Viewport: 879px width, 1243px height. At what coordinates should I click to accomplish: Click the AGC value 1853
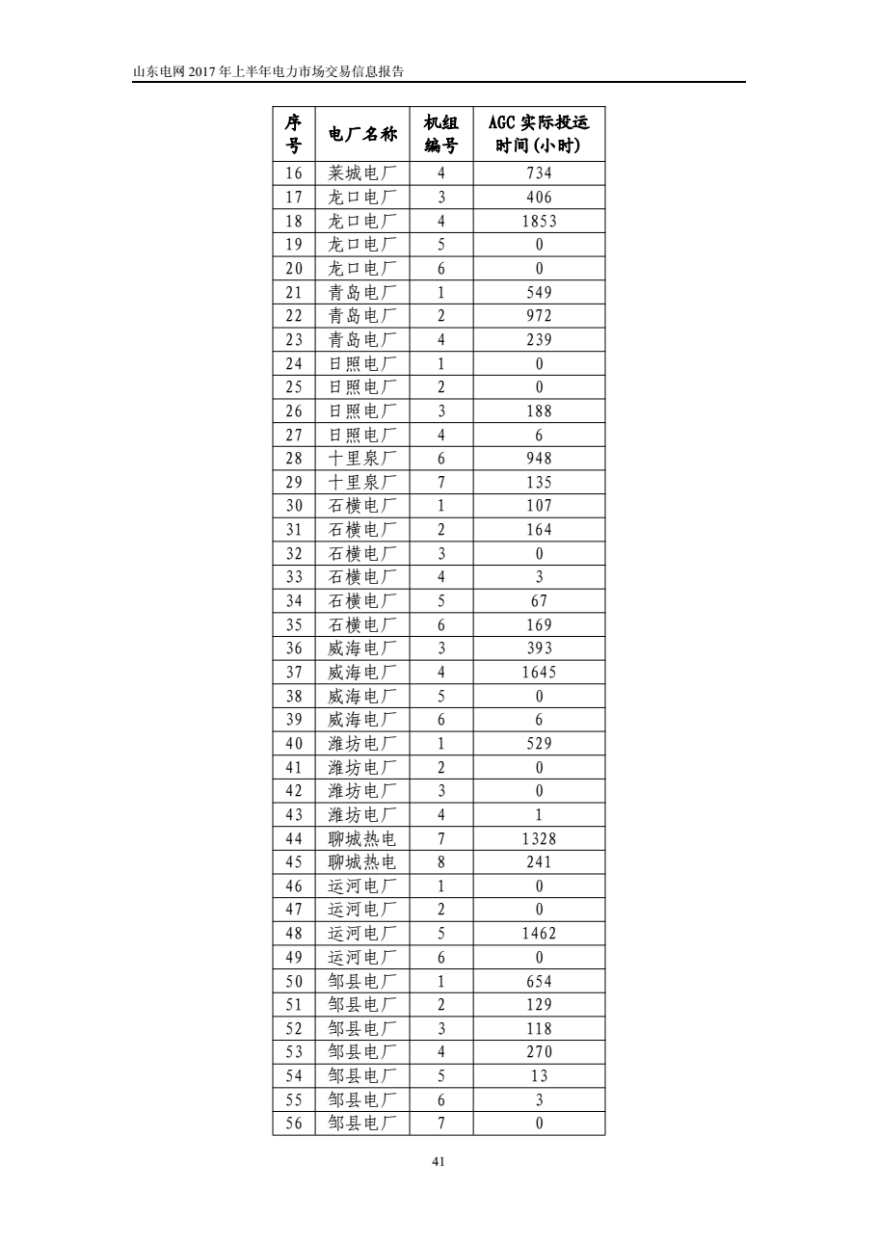click(x=539, y=221)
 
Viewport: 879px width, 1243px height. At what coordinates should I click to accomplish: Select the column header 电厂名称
click(x=362, y=134)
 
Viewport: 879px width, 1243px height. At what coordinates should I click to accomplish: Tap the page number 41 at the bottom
click(x=439, y=1163)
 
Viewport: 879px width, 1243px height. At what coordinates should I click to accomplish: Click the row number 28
click(x=294, y=458)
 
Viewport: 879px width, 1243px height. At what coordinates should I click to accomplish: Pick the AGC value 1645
click(x=539, y=672)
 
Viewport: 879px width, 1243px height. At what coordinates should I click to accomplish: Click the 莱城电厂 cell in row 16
click(x=362, y=173)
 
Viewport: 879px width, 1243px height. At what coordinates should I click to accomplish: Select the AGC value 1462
click(x=539, y=933)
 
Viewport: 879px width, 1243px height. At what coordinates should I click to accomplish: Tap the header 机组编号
click(x=441, y=134)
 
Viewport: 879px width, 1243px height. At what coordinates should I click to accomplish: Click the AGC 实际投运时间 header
click(x=539, y=134)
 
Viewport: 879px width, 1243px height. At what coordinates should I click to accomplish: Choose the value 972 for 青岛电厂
click(x=539, y=316)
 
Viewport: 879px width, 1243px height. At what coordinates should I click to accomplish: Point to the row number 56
click(x=294, y=1123)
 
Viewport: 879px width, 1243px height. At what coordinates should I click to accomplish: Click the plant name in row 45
click(x=362, y=862)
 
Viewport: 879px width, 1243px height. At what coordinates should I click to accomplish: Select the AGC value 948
click(x=539, y=458)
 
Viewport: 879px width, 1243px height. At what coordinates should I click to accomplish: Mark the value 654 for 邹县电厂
click(x=539, y=981)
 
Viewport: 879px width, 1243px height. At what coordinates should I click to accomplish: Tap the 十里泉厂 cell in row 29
click(x=362, y=482)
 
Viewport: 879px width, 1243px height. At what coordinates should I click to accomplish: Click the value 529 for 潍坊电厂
click(x=539, y=743)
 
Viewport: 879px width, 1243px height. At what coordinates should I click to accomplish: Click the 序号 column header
click(x=294, y=134)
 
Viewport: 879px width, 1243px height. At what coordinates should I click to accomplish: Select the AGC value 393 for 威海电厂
click(x=539, y=648)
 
